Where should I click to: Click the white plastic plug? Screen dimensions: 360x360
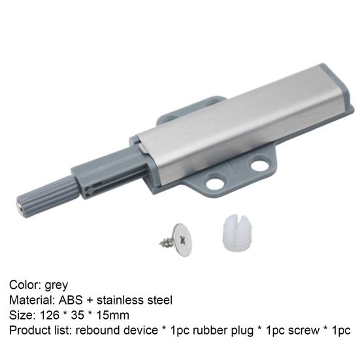237,233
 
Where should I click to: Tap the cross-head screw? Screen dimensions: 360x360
177,240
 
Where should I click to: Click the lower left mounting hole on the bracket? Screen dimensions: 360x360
215,183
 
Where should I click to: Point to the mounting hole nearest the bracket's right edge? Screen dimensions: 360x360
259,163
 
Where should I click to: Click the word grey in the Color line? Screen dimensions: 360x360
56,286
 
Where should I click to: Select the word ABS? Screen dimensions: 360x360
71,300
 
